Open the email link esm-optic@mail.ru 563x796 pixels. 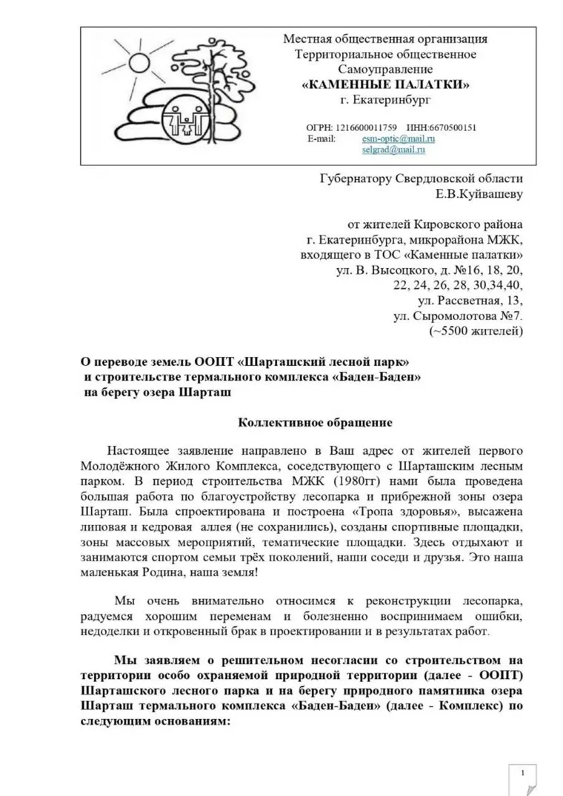(x=398, y=138)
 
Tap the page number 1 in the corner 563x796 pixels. (x=524, y=773)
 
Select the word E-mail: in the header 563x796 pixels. (x=322, y=138)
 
